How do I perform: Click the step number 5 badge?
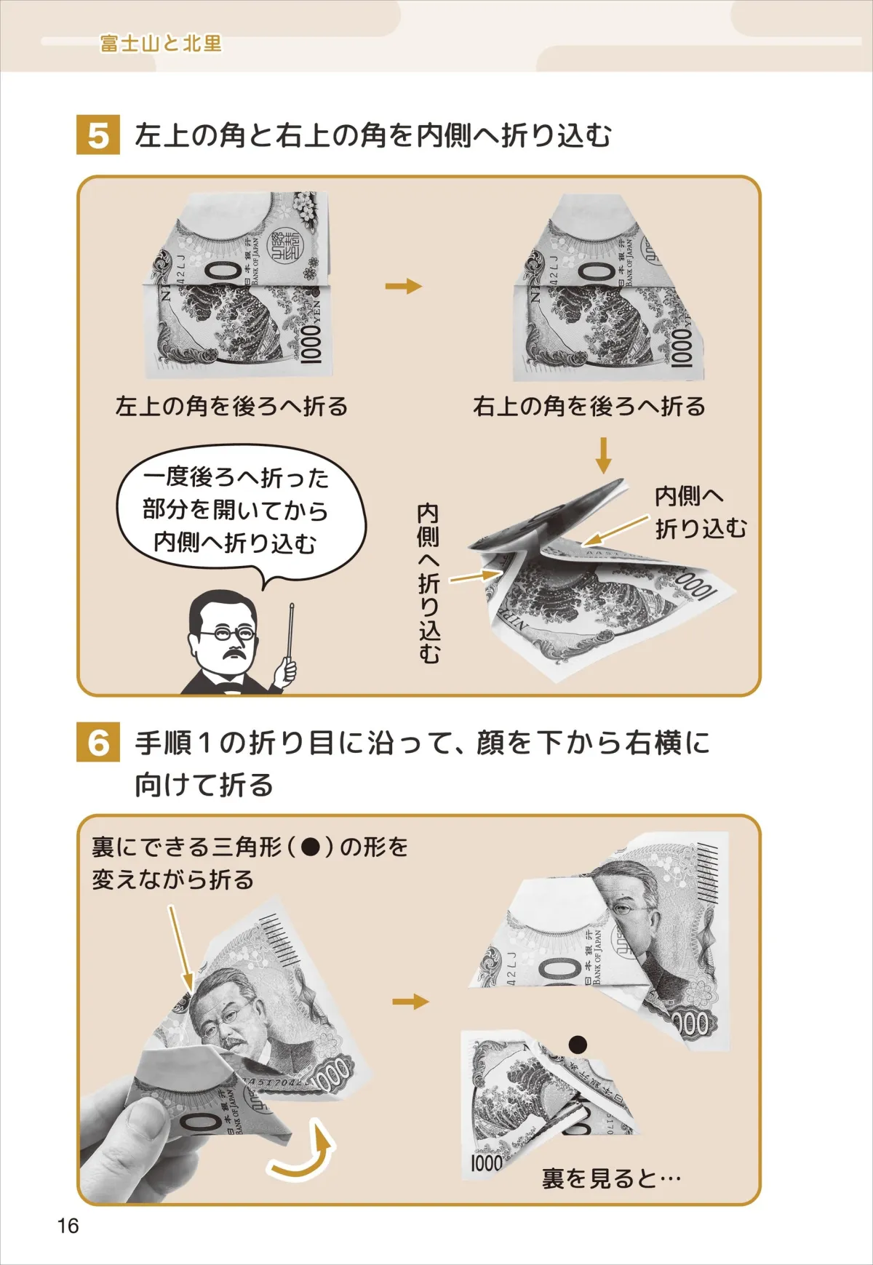click(x=97, y=135)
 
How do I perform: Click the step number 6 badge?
click(x=97, y=743)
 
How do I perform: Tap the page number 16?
click(x=68, y=1226)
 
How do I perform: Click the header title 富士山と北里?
click(x=161, y=44)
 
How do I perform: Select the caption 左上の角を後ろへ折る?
click(x=231, y=406)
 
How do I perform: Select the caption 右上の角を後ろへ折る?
click(x=589, y=406)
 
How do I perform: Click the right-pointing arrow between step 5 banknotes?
click(x=403, y=286)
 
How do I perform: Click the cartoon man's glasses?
click(x=227, y=634)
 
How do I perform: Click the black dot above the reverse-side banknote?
click(x=578, y=1045)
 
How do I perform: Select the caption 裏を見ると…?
click(x=611, y=1178)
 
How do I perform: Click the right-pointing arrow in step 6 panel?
click(x=410, y=1002)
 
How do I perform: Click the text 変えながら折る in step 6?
click(x=172, y=879)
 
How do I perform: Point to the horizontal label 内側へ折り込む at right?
click(x=699, y=512)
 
